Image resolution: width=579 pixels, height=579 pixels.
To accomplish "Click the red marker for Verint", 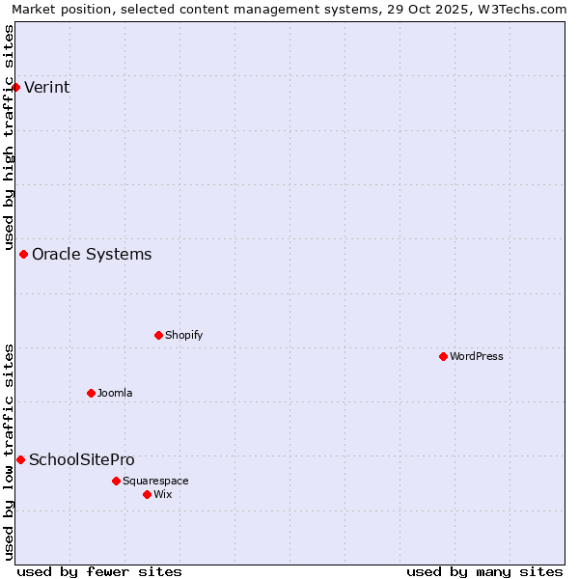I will (x=15, y=87).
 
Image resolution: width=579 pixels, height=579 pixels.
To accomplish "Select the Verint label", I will (x=46, y=88).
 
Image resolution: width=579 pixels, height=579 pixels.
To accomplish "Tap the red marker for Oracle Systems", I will (x=23, y=254).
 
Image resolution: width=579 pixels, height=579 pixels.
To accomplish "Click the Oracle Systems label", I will (x=92, y=255).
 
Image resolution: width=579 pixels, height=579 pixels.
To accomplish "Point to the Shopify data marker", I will (x=158, y=335).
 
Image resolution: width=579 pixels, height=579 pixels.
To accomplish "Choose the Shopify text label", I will (x=183, y=335).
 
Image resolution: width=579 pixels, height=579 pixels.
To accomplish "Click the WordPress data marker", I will (x=443, y=356).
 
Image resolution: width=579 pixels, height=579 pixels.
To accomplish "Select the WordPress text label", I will (x=476, y=356).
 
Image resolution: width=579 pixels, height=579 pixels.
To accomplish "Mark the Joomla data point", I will (x=91, y=393).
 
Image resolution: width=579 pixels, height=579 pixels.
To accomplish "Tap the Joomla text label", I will (x=115, y=393).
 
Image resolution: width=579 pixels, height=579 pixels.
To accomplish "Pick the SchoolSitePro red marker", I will (x=20, y=459).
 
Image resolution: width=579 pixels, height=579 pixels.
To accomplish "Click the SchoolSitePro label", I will (x=82, y=460).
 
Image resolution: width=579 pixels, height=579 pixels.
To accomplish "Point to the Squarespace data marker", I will (x=116, y=481).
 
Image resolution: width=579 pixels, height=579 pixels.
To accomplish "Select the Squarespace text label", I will (x=155, y=481).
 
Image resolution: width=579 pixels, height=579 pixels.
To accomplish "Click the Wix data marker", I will (x=147, y=494).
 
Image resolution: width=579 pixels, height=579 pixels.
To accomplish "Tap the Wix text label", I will (x=162, y=494).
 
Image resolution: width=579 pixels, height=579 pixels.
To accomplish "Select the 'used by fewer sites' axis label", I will (x=99, y=571).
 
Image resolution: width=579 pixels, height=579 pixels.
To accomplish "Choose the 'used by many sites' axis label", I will (x=484, y=571).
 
